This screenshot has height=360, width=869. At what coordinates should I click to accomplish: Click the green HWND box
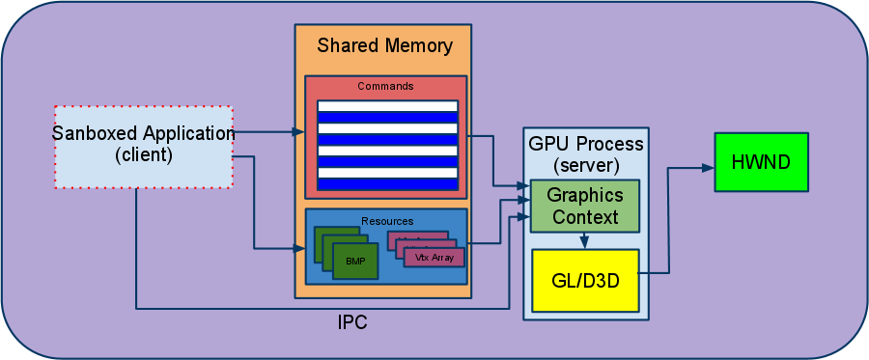[759, 162]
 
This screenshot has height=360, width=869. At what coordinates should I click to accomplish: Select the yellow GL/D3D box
[585, 280]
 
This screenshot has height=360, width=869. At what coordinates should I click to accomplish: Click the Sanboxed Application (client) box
[143, 146]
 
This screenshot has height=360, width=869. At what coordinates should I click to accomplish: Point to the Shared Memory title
[384, 45]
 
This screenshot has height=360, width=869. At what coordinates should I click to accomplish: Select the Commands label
[385, 86]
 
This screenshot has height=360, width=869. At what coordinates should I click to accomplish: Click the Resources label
[385, 220]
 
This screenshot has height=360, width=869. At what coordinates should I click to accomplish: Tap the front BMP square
[355, 261]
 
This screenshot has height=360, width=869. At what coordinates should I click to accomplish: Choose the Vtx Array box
[434, 258]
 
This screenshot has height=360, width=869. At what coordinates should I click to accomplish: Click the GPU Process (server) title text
[585, 153]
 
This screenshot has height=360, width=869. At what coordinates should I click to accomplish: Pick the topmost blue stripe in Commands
[387, 118]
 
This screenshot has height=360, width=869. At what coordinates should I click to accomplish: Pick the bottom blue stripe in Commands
[387, 184]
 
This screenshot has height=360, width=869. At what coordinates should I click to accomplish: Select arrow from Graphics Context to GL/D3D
[584, 241]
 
